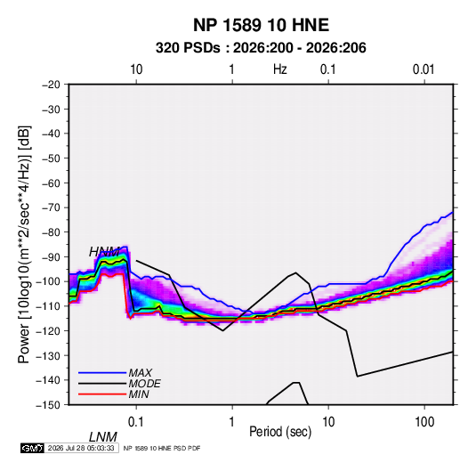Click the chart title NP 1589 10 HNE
(x=261, y=25)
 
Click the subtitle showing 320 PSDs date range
(x=261, y=48)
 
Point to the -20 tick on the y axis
(x=51, y=85)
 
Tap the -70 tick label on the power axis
(x=51, y=207)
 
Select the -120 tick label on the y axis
(x=48, y=330)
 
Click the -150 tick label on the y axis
(x=48, y=405)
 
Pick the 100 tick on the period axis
(x=424, y=422)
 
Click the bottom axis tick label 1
(x=232, y=422)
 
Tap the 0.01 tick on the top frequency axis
(x=424, y=69)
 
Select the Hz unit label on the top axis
(x=280, y=69)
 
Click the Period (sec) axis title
(x=280, y=432)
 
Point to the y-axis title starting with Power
(x=24, y=244)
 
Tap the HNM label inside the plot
(x=104, y=252)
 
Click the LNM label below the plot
(x=102, y=437)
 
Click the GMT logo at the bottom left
(x=32, y=448)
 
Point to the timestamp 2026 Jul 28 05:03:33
(x=81, y=448)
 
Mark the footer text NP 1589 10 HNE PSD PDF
(x=162, y=448)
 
